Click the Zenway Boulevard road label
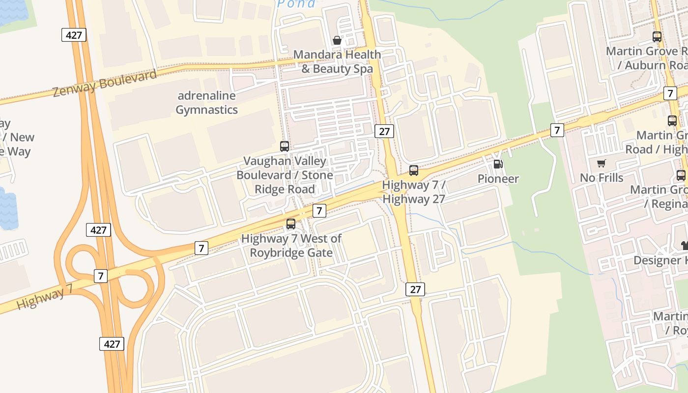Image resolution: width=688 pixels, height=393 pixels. (105, 83)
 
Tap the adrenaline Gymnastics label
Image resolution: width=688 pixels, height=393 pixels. (206, 103)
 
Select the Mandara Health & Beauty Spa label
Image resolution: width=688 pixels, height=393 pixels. (337, 61)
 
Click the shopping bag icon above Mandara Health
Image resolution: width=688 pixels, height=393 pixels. (337, 40)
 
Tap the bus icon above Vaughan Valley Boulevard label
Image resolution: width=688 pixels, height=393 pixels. (285, 146)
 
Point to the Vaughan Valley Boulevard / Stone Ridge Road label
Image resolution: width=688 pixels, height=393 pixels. (285, 175)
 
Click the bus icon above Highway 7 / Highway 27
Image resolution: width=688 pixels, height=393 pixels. (414, 170)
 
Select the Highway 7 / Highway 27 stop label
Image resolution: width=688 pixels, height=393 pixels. (414, 192)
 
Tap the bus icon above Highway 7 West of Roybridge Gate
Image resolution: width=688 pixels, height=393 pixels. (291, 224)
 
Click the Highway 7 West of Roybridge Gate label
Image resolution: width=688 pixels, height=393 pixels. (291, 246)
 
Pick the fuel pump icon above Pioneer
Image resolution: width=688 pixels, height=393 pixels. (498, 164)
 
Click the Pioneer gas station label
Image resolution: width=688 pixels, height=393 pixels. (498, 178)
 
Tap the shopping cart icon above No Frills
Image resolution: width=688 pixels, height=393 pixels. (601, 163)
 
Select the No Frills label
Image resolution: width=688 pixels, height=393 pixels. (601, 177)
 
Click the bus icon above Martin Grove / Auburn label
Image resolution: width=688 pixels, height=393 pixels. (657, 36)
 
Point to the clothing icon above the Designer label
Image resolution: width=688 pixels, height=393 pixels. (684, 245)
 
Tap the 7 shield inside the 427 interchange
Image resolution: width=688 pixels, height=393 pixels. (100, 276)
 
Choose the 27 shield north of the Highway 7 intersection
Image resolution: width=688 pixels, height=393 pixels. (384, 131)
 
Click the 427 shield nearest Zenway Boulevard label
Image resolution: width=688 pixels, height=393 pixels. (74, 35)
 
